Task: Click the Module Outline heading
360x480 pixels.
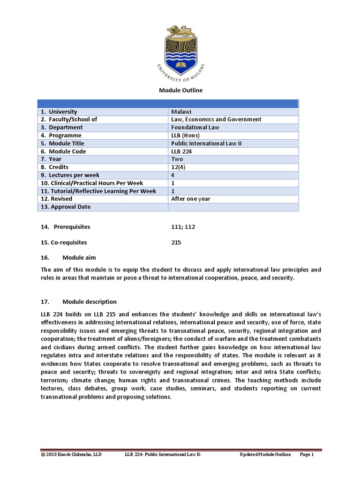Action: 180,90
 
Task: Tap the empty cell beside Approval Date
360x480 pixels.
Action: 233,207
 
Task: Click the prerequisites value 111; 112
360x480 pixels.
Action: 183,227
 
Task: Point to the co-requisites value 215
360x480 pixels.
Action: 177,242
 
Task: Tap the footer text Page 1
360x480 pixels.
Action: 306,454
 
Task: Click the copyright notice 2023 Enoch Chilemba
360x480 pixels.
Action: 71,454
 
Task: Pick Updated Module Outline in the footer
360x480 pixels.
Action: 265,454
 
